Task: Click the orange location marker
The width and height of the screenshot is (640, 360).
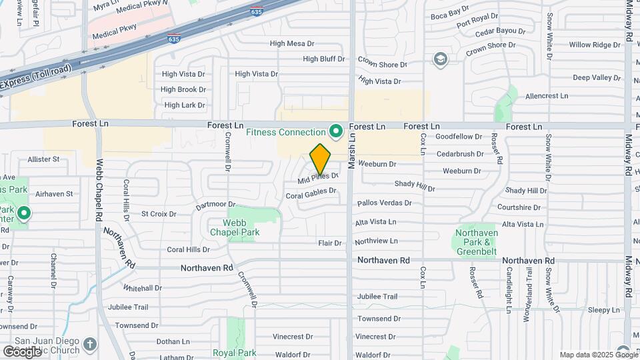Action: coord(321,159)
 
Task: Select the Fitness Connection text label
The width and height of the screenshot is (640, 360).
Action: coord(286,132)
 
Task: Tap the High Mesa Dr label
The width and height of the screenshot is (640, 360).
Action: coord(291,44)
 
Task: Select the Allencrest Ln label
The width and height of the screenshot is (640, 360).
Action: coord(547,96)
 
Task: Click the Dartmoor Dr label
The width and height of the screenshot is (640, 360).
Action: coord(216,205)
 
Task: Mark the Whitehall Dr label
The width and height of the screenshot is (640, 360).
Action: coord(142,288)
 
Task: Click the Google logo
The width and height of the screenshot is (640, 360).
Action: coord(23,351)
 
